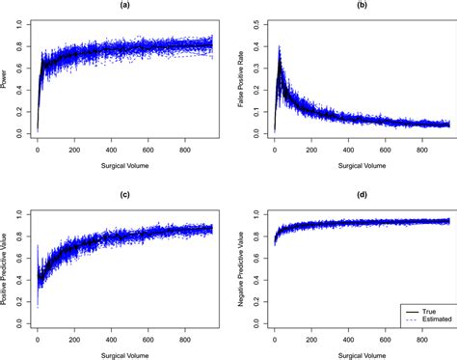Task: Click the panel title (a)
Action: [121, 6]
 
